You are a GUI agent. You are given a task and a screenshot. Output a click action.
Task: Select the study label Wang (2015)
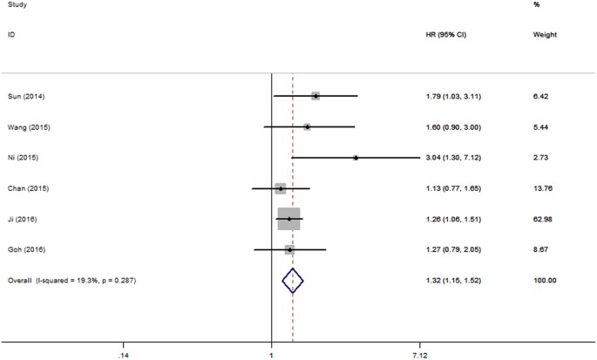(25, 127)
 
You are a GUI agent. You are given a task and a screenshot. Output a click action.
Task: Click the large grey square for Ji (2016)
(288, 219)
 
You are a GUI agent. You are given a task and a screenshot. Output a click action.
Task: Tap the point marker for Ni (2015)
(356, 158)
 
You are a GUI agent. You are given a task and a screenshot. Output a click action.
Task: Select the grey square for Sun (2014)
(315, 96)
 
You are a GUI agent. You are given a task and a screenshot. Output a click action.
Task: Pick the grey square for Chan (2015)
(280, 188)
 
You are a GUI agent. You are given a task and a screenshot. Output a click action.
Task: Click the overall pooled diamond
(294, 280)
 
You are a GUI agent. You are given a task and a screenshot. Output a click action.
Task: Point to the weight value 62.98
(544, 219)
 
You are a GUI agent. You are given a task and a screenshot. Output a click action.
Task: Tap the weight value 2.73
(541, 158)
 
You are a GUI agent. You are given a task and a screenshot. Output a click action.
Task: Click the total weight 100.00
(546, 280)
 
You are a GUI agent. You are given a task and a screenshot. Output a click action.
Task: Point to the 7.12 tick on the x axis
(419, 355)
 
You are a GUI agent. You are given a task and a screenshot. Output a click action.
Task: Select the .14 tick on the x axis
(124, 355)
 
